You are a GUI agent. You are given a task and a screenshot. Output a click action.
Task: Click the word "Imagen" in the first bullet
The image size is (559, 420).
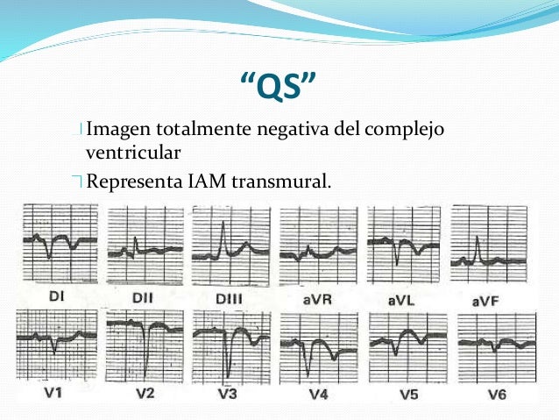point(119,130)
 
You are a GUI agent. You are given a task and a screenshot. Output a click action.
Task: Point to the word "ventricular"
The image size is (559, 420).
point(133,153)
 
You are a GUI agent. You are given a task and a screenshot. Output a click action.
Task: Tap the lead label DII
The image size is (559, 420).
point(143,299)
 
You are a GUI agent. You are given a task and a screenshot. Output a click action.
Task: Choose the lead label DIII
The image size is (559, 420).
point(230,301)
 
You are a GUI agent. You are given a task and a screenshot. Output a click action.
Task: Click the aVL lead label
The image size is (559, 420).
point(400,301)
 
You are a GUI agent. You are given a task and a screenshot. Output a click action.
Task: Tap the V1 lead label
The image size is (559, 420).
point(54,394)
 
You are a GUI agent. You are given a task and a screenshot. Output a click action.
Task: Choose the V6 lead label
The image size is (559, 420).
point(495,395)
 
